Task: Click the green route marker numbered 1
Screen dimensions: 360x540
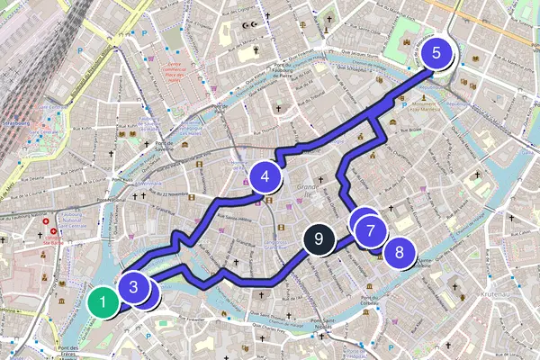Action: (103, 301)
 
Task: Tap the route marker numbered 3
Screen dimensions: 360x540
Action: (133, 288)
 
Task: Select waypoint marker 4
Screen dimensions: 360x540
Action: (265, 177)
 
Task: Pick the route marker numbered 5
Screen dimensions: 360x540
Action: (436, 53)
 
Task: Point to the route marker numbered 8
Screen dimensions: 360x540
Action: (399, 252)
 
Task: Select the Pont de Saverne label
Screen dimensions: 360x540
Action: (163, 148)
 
